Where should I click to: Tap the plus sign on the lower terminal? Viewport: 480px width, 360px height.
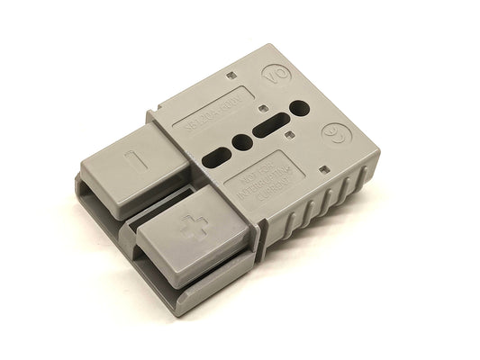click(x=188, y=231)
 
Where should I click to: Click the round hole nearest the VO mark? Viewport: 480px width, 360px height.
click(x=300, y=108)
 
